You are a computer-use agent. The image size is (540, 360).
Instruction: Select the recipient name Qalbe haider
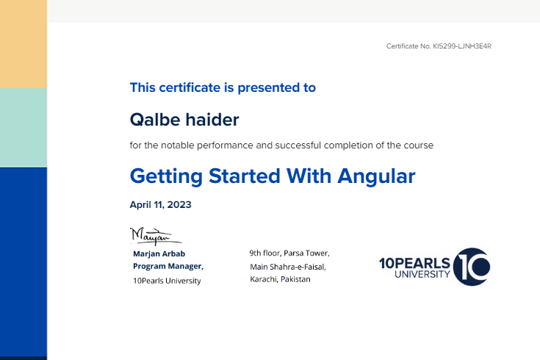click(x=184, y=120)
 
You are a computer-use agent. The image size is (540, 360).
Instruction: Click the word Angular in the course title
click(x=376, y=176)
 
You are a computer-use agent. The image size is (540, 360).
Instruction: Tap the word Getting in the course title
click(x=166, y=176)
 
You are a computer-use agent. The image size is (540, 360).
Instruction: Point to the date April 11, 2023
click(x=160, y=205)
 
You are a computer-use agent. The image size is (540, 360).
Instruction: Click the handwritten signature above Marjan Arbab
click(x=156, y=236)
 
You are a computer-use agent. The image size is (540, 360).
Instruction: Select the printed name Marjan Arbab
click(x=159, y=254)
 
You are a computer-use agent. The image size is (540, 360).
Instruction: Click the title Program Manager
click(x=168, y=266)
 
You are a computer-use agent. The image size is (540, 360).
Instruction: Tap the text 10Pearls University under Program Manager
click(x=167, y=281)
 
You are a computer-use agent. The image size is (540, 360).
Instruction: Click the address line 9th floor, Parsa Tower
click(x=289, y=253)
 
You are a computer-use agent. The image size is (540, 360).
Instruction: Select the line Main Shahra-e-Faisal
click(x=288, y=267)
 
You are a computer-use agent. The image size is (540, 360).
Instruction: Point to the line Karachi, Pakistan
click(x=281, y=279)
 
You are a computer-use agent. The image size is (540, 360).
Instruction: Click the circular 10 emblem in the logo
click(x=472, y=267)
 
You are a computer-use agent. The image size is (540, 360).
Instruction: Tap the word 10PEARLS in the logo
click(x=414, y=264)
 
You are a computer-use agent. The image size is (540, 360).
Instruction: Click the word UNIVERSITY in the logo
click(x=422, y=275)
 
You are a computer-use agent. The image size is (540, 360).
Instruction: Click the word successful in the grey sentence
click(x=298, y=145)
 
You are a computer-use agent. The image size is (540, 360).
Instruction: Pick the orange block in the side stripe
click(x=24, y=44)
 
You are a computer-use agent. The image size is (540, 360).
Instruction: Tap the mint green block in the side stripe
click(x=24, y=128)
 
